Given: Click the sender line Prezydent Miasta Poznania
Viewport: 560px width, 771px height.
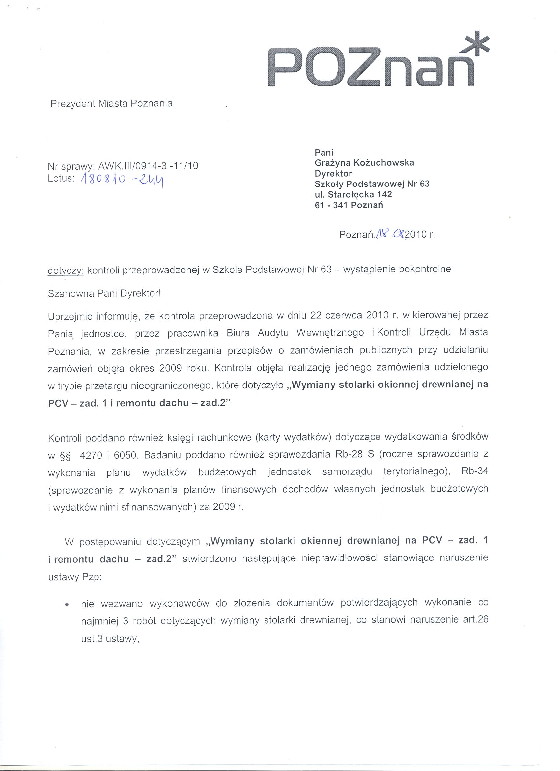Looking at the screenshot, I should [111, 104].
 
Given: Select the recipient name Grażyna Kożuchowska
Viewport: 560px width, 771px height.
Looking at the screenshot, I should [365, 163].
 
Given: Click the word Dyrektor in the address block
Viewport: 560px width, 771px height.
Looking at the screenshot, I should [333, 173].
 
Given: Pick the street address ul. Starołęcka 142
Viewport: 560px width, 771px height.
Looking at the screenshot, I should [354, 194].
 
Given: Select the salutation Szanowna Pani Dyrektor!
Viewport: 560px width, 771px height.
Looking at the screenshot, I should [104, 293].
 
